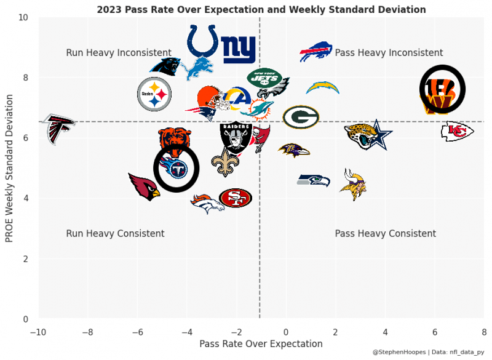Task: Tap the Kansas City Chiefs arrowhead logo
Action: pyautogui.click(x=457, y=131)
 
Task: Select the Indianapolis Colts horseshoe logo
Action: pyautogui.click(x=202, y=41)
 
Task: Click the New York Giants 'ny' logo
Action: pyautogui.click(x=239, y=49)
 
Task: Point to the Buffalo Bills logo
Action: pyautogui.click(x=315, y=52)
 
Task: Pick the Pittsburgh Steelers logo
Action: pyautogui.click(x=154, y=94)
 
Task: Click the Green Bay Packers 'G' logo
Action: pyautogui.click(x=301, y=116)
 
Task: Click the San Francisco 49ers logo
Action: pyautogui.click(x=235, y=198)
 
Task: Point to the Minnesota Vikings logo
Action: pyautogui.click(x=353, y=184)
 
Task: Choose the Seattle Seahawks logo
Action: pyautogui.click(x=314, y=180)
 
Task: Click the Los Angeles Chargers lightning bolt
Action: pyautogui.click(x=322, y=88)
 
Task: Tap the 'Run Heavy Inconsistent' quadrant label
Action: pyautogui.click(x=119, y=53)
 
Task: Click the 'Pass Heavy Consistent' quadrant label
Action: pyautogui.click(x=385, y=234)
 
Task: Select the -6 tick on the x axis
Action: pyautogui.click(x=137, y=332)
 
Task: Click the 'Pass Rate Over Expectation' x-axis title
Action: pyautogui.click(x=261, y=344)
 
